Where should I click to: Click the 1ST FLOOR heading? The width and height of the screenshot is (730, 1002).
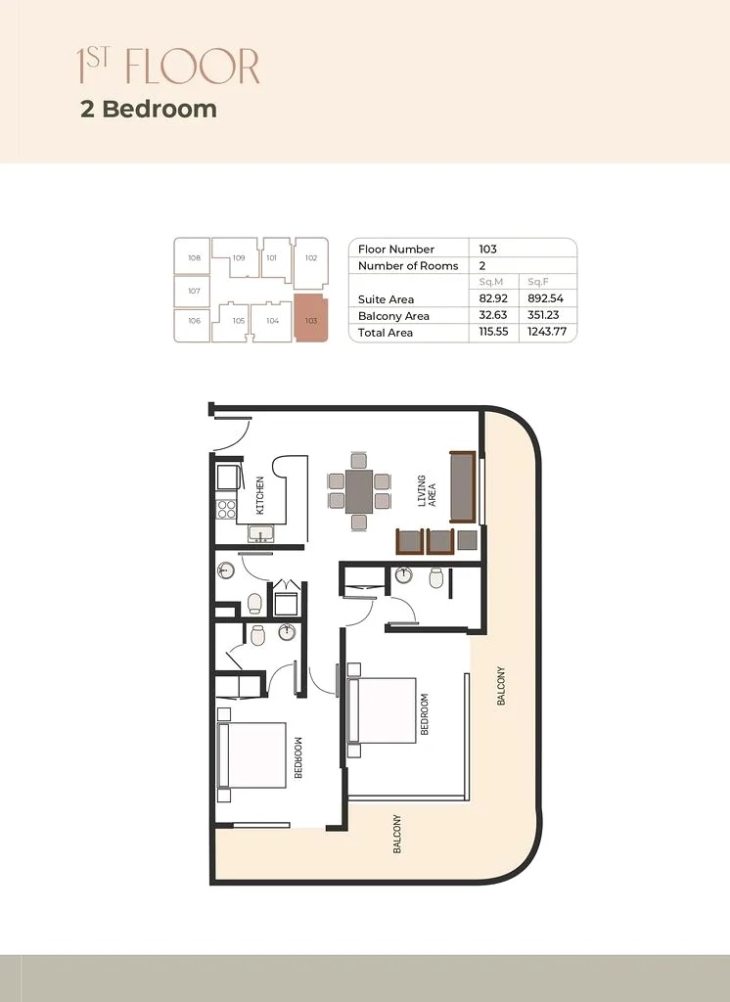tap(168, 67)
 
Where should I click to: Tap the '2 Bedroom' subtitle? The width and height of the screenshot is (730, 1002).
tap(149, 109)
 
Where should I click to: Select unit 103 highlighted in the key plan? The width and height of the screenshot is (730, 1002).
tap(311, 318)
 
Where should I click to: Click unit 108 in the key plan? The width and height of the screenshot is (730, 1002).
tap(194, 258)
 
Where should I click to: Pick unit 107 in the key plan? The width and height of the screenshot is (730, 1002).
tap(194, 291)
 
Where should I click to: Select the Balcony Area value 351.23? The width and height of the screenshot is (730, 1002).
tap(542, 316)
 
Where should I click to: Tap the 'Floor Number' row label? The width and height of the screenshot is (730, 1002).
tap(396, 250)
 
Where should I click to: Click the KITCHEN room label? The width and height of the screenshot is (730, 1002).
tap(260, 495)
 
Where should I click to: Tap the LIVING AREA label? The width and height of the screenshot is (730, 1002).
tap(427, 491)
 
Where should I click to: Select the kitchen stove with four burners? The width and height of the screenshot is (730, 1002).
tap(226, 509)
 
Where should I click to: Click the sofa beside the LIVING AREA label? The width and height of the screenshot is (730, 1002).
tap(462, 486)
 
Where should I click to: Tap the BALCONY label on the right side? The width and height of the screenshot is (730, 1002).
tap(501, 687)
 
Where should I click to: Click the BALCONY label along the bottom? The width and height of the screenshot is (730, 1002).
tap(397, 835)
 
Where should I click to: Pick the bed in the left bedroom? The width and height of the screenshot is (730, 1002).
tap(251, 754)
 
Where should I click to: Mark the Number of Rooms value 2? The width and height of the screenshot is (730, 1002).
tap(482, 266)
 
